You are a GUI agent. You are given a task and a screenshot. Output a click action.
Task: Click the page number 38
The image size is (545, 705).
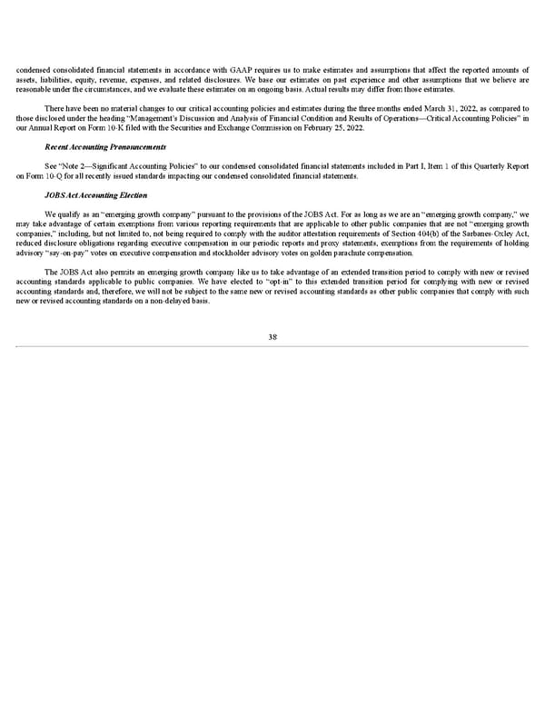pyautogui.click(x=272, y=337)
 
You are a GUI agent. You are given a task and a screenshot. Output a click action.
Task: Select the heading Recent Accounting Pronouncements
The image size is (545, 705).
pyautogui.click(x=104, y=146)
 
